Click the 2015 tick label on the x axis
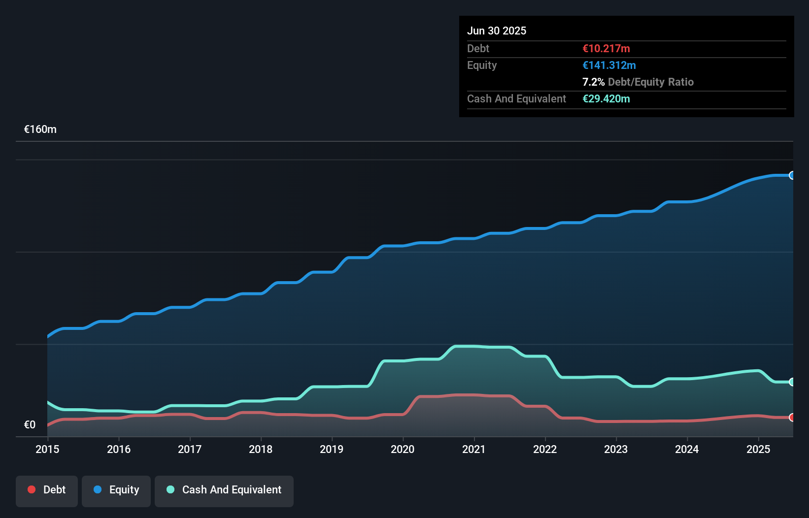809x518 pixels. [x=47, y=449]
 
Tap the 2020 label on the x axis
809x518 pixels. [x=403, y=449]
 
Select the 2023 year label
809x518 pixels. [x=616, y=449]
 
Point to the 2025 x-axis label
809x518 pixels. [x=758, y=449]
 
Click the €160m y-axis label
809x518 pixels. [x=40, y=129]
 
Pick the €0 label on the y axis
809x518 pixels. [x=30, y=424]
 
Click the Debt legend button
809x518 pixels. [x=47, y=490]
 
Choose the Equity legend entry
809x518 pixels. [x=116, y=490]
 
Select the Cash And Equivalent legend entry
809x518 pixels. [x=224, y=490]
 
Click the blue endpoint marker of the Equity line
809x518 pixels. [x=792, y=175]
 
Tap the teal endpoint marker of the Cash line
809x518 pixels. [x=792, y=382]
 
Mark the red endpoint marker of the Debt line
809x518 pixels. [x=792, y=418]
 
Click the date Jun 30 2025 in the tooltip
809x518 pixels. [x=497, y=31]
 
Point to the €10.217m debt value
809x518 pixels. [x=606, y=48]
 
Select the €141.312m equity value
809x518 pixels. [x=609, y=65]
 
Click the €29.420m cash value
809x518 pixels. [x=606, y=98]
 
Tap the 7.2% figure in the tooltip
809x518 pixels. [x=593, y=82]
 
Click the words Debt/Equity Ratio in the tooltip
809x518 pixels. [x=651, y=82]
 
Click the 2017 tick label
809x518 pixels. [x=190, y=449]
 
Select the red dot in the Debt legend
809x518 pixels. [x=32, y=489]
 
